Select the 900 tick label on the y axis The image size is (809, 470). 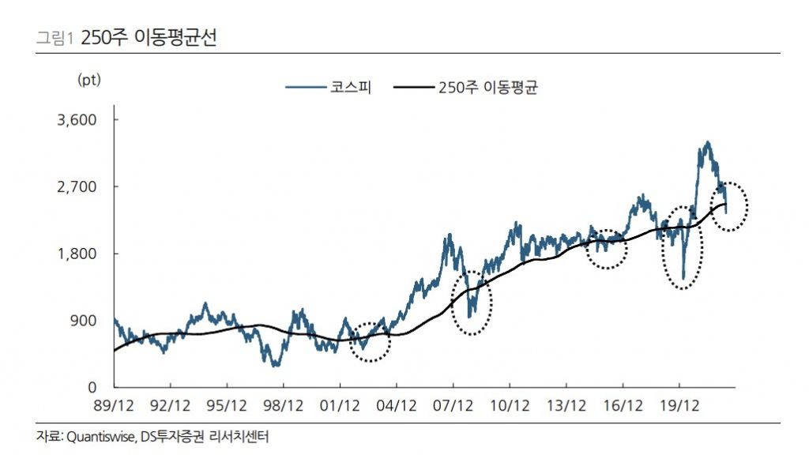pos(85,321)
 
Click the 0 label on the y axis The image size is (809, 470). pos(92,388)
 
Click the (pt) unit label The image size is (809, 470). pos(89,79)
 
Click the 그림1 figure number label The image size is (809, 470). pos(55,38)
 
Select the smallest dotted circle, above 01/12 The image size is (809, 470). pos(370,342)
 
